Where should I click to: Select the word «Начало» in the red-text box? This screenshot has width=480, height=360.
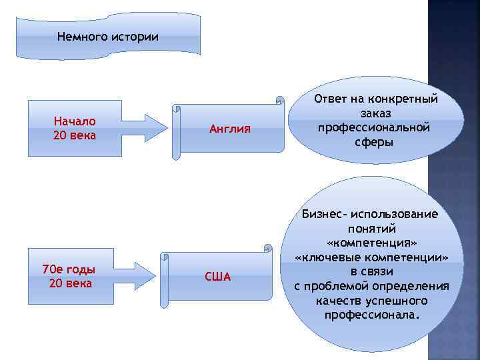75,121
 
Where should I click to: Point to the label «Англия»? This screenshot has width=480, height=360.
230,129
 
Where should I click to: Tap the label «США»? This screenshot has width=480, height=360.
217,277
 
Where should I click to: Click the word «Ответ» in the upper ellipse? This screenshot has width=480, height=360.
331,99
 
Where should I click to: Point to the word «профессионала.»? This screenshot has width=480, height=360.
372,315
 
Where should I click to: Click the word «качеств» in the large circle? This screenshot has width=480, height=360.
339,301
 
